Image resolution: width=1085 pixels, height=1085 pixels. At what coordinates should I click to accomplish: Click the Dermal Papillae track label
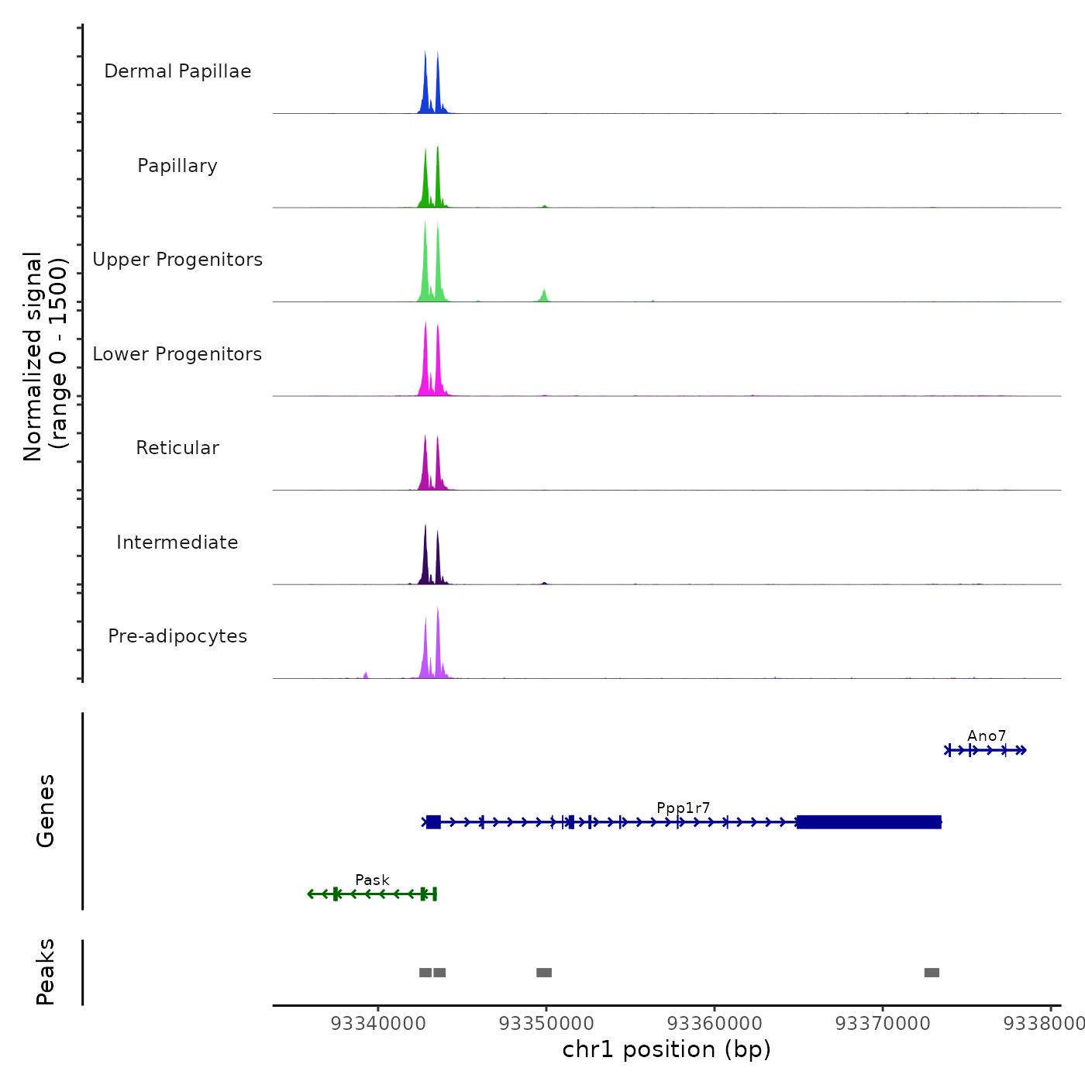pyautogui.click(x=177, y=71)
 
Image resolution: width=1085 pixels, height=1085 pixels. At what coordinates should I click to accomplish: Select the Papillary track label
pyautogui.click(x=177, y=166)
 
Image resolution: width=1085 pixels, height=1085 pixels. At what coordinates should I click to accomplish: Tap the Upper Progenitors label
pyautogui.click(x=177, y=260)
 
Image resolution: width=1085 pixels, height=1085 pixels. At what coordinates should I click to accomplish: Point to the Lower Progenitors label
pyautogui.click(x=177, y=354)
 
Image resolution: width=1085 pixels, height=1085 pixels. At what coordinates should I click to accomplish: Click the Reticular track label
pyautogui.click(x=177, y=448)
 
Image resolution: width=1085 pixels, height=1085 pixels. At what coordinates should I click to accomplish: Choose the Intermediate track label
pyautogui.click(x=177, y=542)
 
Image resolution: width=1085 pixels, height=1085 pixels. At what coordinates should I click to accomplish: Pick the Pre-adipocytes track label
pyautogui.click(x=177, y=636)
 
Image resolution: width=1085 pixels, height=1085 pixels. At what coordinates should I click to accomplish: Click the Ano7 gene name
pyautogui.click(x=986, y=736)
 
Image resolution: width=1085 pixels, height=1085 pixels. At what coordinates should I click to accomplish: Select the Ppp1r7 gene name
pyautogui.click(x=683, y=808)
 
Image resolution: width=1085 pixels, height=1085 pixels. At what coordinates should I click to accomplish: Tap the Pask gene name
pyautogui.click(x=372, y=880)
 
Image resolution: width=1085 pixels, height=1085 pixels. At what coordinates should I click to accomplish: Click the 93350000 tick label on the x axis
pyautogui.click(x=546, y=1024)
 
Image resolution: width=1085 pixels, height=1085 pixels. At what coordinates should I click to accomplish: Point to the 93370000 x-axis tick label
pyautogui.click(x=883, y=1024)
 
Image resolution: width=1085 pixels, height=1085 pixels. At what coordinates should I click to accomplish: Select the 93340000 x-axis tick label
pyautogui.click(x=378, y=1024)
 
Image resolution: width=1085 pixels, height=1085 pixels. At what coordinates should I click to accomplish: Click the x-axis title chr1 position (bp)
pyautogui.click(x=666, y=1049)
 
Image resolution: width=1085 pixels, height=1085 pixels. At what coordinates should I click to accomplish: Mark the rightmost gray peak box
pyautogui.click(x=932, y=973)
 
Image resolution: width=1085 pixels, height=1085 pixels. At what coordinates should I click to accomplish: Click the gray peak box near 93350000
pyautogui.click(x=544, y=973)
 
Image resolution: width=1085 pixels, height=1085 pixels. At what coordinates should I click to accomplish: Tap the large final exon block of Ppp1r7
pyautogui.click(x=869, y=822)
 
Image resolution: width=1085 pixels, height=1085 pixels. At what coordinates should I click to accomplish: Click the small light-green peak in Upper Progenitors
pyautogui.click(x=544, y=296)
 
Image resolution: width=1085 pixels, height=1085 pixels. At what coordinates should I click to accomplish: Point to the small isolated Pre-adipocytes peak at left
pyautogui.click(x=366, y=675)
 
